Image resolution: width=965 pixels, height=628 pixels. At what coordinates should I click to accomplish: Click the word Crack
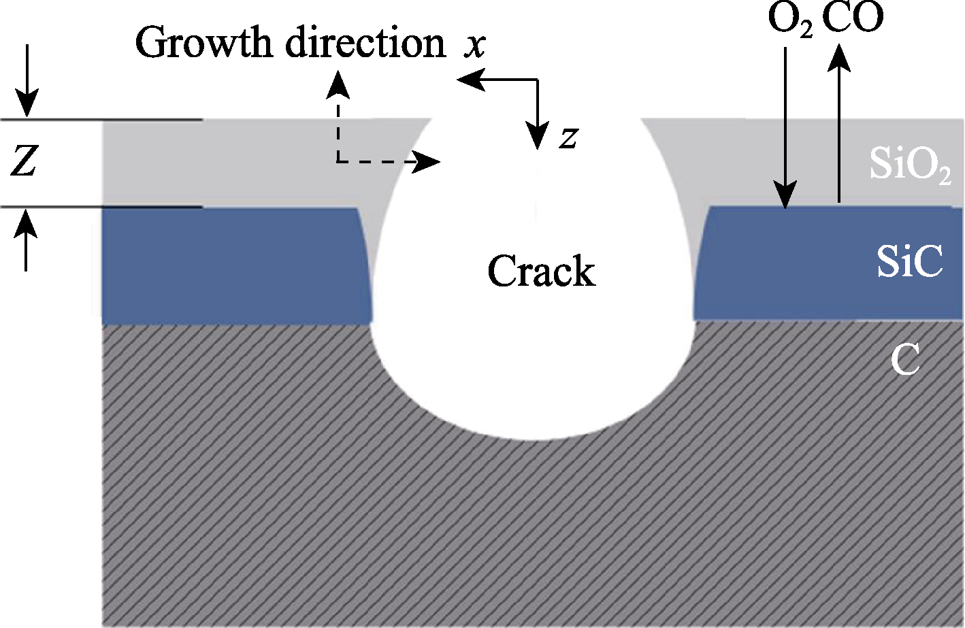542,271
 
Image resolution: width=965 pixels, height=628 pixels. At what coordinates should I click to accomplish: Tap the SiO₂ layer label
910,165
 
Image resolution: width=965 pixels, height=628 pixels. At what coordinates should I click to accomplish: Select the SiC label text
910,261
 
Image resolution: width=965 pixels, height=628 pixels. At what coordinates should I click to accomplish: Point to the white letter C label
904,359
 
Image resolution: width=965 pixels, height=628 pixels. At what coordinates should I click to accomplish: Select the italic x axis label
474,46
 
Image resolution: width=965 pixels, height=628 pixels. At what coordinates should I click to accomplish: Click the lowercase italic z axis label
568,138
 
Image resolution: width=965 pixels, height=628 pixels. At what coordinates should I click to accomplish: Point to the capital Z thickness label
24,161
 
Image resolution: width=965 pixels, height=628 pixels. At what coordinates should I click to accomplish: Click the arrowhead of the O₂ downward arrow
785,195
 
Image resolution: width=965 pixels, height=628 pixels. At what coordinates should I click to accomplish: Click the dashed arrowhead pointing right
427,162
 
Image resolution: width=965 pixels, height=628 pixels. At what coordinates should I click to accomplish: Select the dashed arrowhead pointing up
338,84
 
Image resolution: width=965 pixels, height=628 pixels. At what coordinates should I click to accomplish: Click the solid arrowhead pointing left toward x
471,79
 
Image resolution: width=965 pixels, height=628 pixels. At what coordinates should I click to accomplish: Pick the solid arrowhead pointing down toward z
537,135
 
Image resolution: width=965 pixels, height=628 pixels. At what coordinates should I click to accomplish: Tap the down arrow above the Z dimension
27,80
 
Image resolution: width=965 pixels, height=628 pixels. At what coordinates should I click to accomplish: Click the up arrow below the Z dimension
26,240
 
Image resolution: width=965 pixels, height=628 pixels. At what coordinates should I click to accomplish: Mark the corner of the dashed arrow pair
338,162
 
